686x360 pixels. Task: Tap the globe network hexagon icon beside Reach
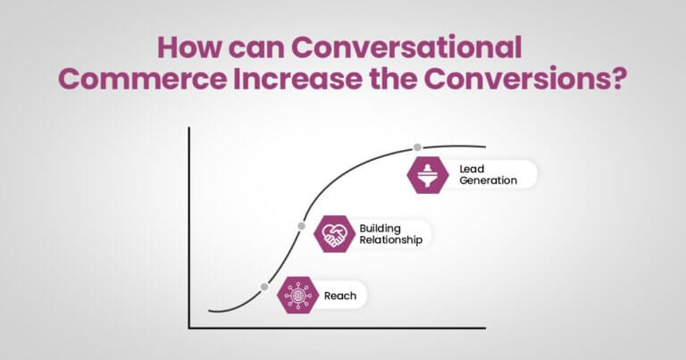pos(297,294)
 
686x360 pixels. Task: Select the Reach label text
pos(340,294)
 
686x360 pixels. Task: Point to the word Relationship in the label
pos(390,240)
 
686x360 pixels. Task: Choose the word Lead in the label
pos(472,168)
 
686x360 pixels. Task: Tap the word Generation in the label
pos(488,180)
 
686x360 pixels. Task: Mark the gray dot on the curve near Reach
pos(264,287)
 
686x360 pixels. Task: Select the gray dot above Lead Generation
pos(416,147)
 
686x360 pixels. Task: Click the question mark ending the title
pos(616,79)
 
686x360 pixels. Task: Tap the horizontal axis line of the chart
pos(339,327)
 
